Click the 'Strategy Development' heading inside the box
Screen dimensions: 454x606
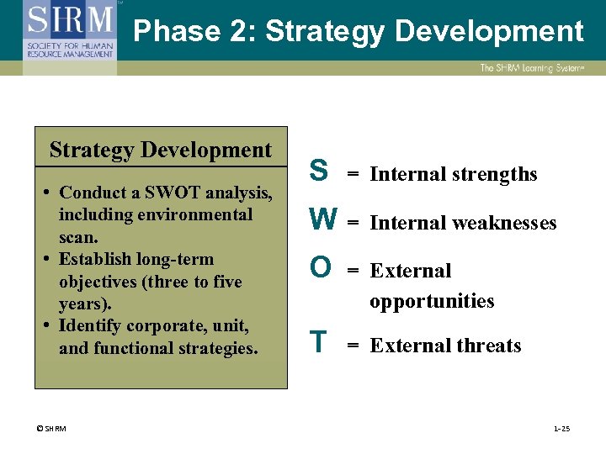pyautogui.click(x=161, y=150)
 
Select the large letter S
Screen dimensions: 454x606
pyautogui.click(x=318, y=171)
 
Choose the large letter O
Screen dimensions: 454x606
pyautogui.click(x=320, y=267)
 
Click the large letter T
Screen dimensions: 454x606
pyautogui.click(x=318, y=342)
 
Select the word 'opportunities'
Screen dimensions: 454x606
pyautogui.click(x=432, y=301)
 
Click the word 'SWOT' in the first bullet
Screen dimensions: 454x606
pyautogui.click(x=174, y=193)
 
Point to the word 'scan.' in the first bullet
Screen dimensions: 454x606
pyautogui.click(x=78, y=237)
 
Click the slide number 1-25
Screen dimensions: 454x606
pyautogui.click(x=561, y=429)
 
